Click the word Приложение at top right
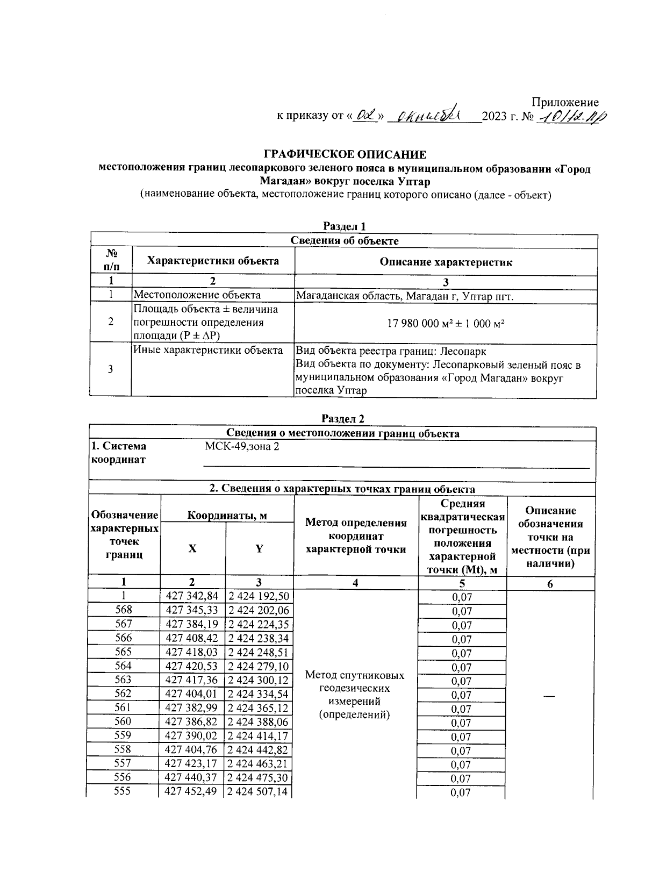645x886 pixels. click(x=565, y=102)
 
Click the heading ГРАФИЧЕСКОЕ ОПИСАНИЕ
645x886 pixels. click(x=345, y=155)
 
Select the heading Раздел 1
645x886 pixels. click(x=344, y=226)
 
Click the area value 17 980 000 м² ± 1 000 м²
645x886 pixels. click(x=446, y=324)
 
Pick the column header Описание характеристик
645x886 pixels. click(x=446, y=262)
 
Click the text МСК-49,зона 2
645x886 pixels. click(x=242, y=447)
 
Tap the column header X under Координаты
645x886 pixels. click(x=192, y=548)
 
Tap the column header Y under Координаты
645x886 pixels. click(x=259, y=548)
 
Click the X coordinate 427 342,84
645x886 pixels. click(x=192, y=596)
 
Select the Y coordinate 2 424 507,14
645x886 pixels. click(x=259, y=792)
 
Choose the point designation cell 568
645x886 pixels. click(x=124, y=610)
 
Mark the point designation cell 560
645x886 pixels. click(x=124, y=721)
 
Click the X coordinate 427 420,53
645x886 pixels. click(x=192, y=666)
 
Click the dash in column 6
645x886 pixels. click(x=549, y=696)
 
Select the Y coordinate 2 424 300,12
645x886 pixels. click(x=259, y=680)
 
